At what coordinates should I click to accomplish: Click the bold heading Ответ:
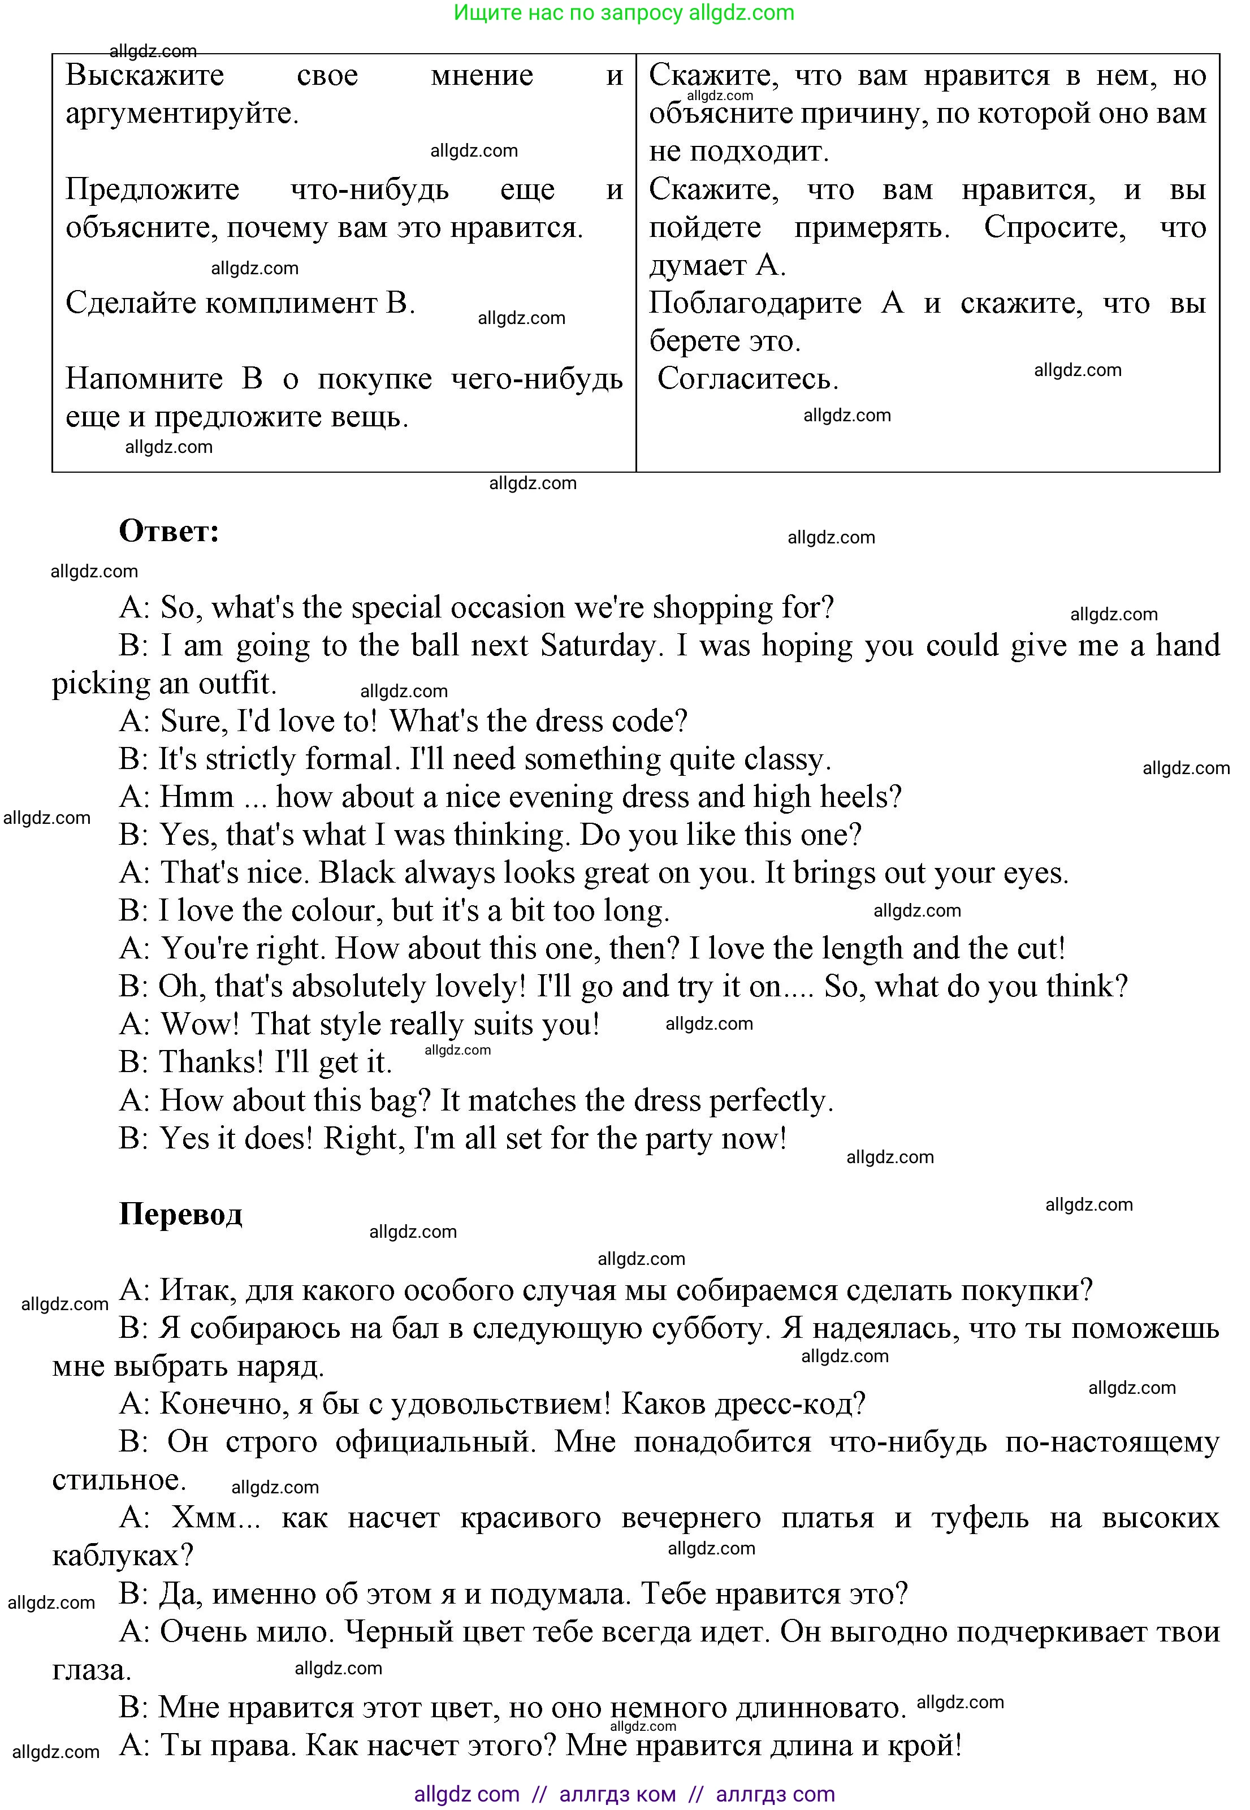tap(168, 531)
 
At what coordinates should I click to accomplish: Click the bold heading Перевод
tap(180, 1213)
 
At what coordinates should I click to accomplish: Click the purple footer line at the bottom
tap(624, 1794)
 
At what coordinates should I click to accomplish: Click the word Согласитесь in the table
tap(747, 379)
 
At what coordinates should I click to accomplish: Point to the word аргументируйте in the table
tap(181, 114)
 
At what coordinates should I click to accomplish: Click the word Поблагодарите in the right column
tap(755, 303)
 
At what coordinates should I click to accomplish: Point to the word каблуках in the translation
tap(122, 1554)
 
